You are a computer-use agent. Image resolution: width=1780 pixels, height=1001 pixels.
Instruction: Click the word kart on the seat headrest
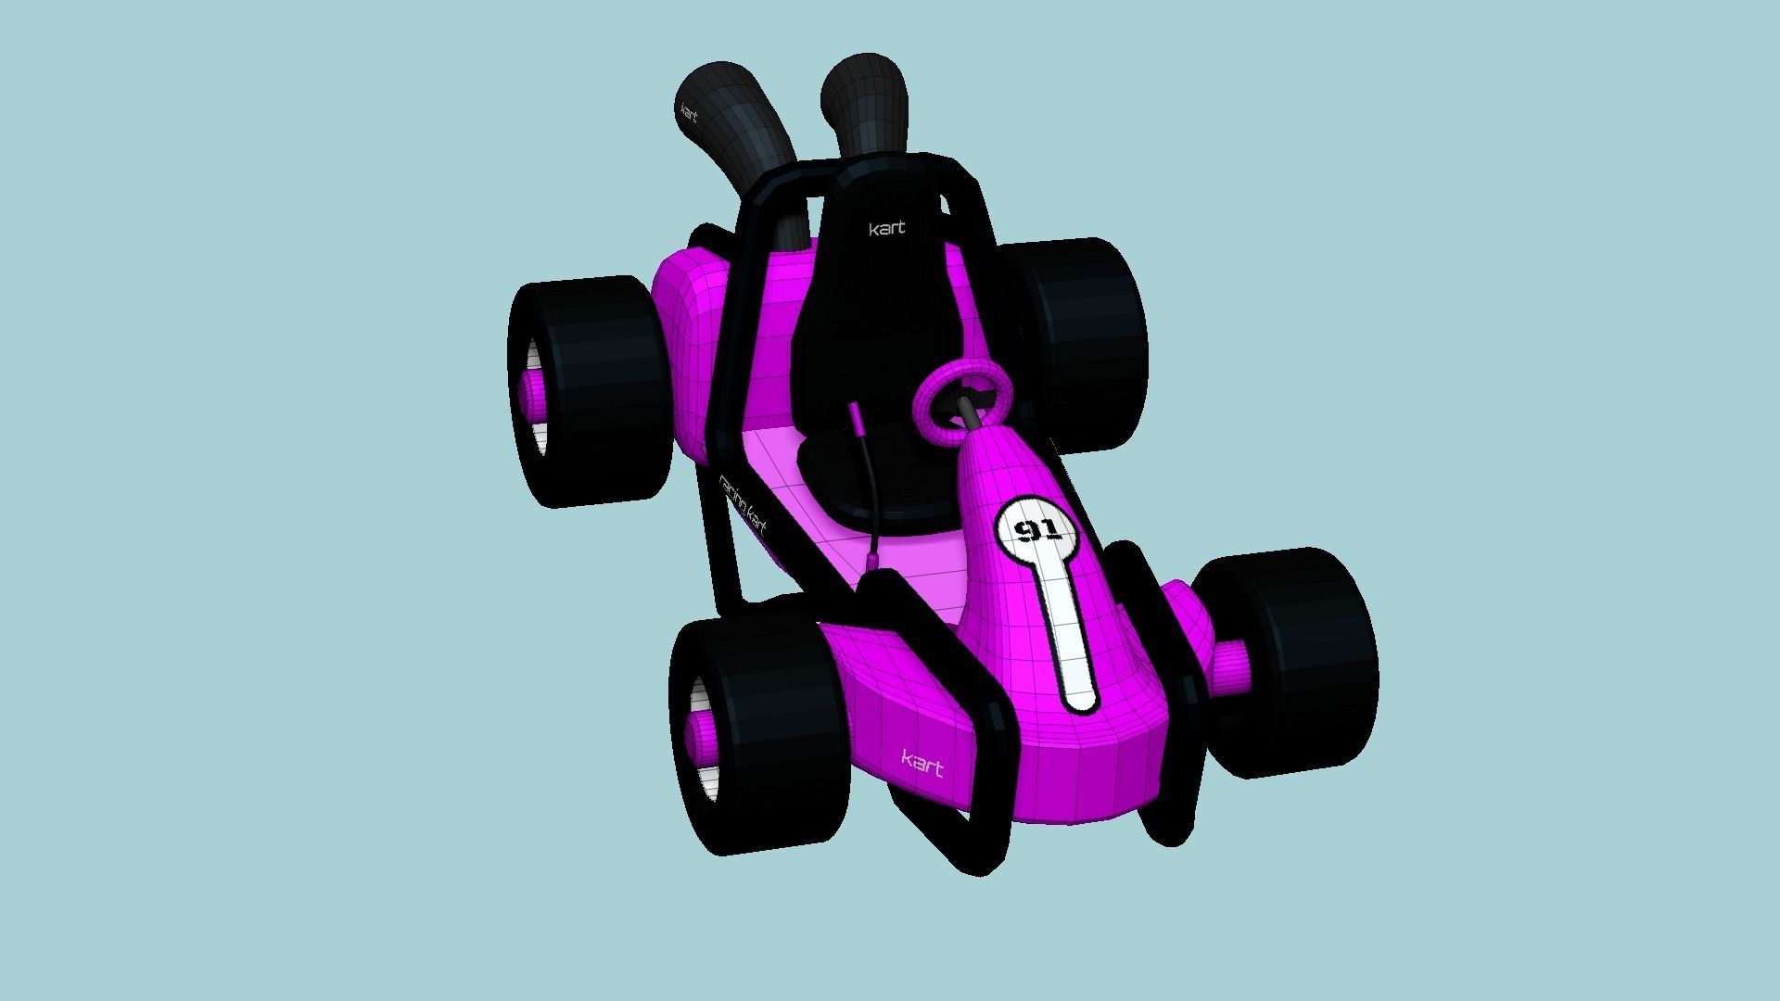tap(886, 228)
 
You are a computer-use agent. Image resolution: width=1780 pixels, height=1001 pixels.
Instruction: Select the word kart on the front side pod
tap(922, 764)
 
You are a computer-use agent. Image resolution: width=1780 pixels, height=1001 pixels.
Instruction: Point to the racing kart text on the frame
tap(744, 506)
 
